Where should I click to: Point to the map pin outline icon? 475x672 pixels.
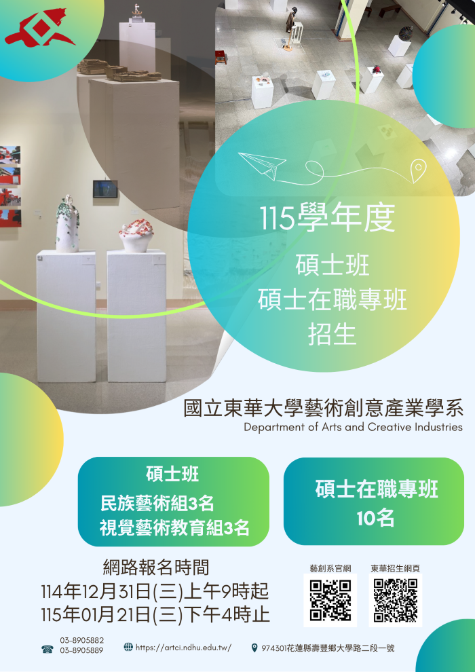click(419, 167)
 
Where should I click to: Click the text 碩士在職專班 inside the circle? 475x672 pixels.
click(332, 299)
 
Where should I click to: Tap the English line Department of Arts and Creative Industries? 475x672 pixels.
click(353, 427)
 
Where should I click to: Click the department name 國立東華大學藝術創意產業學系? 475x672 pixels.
click(324, 409)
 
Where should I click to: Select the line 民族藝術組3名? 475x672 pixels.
click(157, 503)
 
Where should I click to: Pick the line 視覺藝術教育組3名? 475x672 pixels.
click(174, 527)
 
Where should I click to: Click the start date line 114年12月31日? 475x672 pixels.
click(155, 591)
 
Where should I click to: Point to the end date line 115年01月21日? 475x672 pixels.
click(155, 615)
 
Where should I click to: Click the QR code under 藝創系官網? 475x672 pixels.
click(330, 600)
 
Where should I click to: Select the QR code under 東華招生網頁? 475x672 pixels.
click(395, 600)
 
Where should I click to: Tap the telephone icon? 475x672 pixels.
click(47, 650)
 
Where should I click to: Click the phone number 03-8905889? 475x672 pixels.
click(81, 651)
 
